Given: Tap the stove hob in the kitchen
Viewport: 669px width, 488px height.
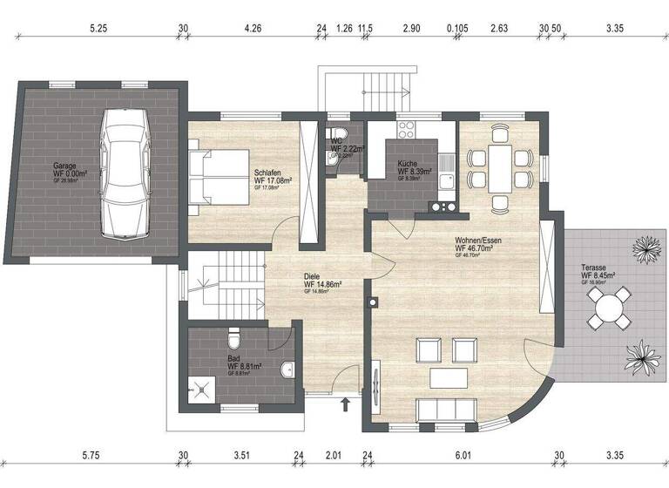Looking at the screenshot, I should pos(408,130).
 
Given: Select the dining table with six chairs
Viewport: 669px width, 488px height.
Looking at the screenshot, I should pos(500,168).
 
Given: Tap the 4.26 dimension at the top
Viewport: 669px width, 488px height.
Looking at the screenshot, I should pos(253,28).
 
